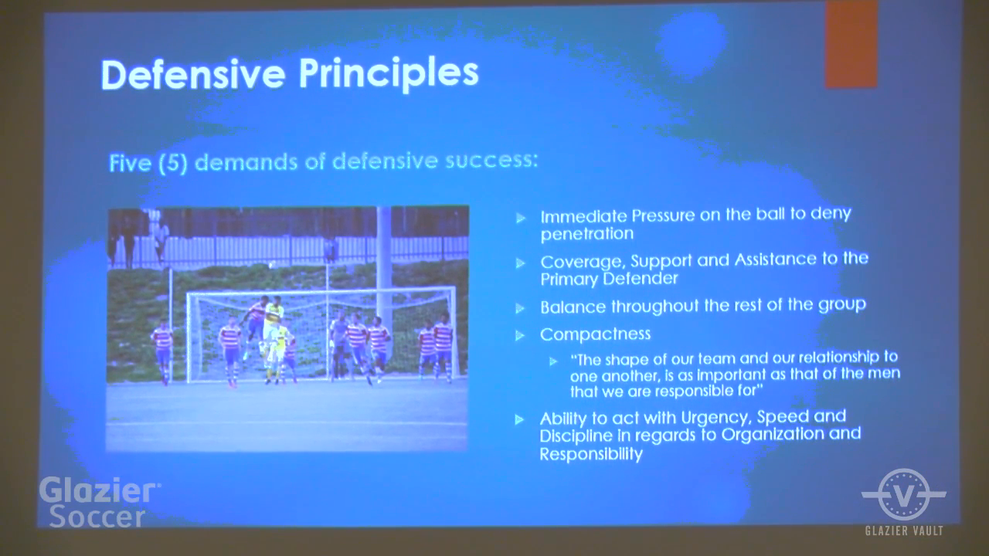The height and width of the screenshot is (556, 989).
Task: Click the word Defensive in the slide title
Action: click(193, 74)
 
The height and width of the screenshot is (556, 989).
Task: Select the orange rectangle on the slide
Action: click(851, 44)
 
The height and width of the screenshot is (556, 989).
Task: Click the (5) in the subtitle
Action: click(173, 163)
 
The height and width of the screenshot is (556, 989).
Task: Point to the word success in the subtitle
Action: click(491, 160)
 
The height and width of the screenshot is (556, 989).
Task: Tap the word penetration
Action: click(587, 233)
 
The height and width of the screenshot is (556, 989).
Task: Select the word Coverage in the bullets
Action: click(583, 262)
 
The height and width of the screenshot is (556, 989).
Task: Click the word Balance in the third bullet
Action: click(573, 307)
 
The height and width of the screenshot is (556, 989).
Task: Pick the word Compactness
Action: click(595, 334)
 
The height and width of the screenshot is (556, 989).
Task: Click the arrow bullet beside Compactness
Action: click(520, 336)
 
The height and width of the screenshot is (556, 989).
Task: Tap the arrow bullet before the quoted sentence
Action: click(553, 362)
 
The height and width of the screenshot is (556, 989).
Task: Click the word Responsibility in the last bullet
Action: click(591, 454)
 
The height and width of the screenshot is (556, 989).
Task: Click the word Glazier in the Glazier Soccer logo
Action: click(98, 490)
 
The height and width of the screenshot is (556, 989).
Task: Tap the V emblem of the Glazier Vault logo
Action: click(904, 494)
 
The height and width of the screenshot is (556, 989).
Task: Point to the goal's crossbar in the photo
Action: click(321, 292)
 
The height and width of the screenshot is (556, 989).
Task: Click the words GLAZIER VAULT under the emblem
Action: click(904, 531)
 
